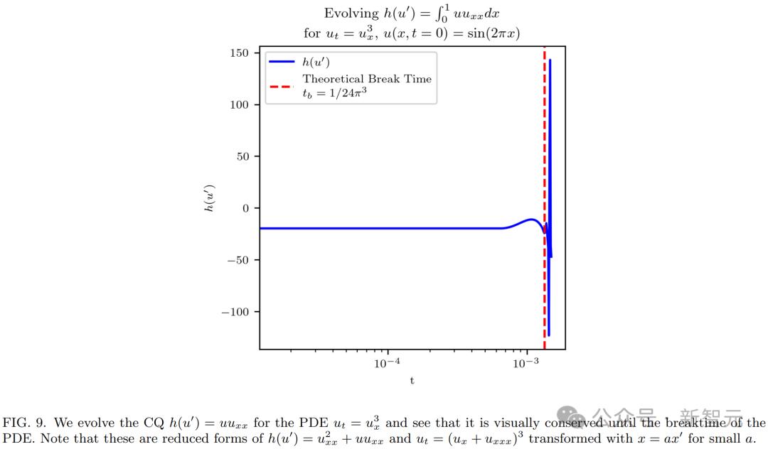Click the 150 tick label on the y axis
[x=239, y=53]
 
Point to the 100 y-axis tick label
[x=239, y=105]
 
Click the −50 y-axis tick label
[x=238, y=260]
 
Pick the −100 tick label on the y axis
[x=235, y=312]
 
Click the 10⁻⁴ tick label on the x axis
[x=388, y=362]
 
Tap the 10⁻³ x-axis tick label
[x=526, y=362]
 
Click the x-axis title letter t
[x=412, y=381]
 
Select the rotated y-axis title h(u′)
[x=210, y=199]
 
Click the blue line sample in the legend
[x=282, y=63]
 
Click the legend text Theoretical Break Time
[x=367, y=79]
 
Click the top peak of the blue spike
[x=550, y=60]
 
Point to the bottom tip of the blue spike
[x=548, y=335]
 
